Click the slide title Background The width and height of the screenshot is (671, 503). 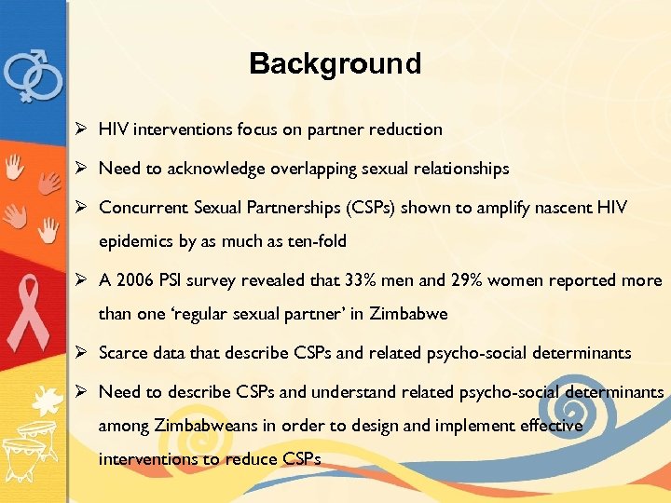click(335, 63)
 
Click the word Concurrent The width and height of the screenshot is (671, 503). click(141, 207)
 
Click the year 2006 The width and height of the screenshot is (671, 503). click(137, 280)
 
